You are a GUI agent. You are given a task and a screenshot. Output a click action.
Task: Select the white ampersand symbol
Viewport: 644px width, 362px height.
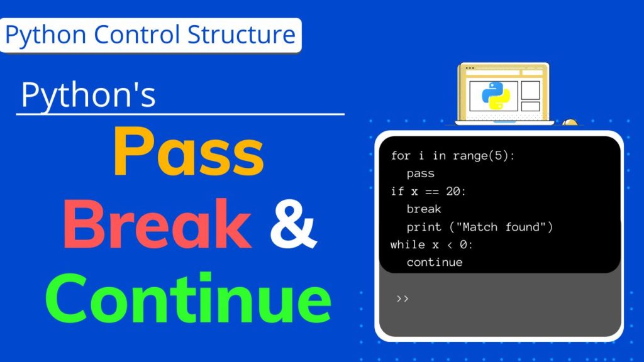pos(293,224)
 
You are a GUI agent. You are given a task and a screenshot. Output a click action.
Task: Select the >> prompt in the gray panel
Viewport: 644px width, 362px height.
pos(403,298)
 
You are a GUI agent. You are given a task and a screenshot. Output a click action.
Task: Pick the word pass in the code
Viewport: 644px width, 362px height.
pos(420,173)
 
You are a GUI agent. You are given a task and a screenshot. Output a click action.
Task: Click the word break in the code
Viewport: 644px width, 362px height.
pos(424,209)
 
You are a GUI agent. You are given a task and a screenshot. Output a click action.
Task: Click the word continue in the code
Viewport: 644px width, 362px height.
pos(435,262)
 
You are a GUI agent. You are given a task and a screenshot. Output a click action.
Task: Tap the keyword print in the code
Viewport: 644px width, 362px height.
pos(424,226)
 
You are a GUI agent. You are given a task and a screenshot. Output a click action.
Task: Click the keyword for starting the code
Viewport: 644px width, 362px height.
pos(399,155)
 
